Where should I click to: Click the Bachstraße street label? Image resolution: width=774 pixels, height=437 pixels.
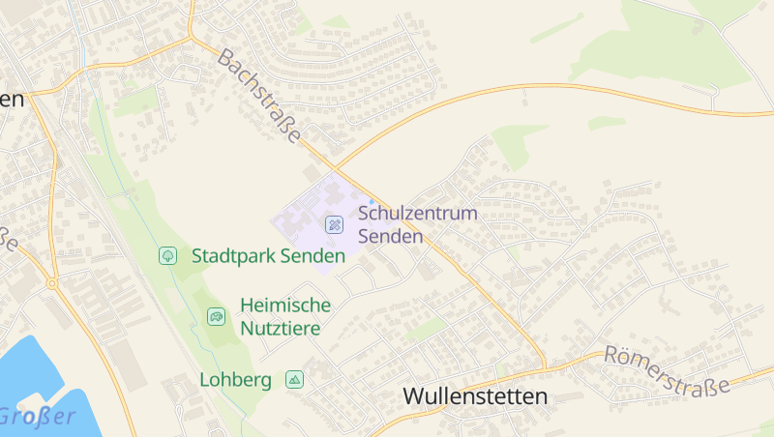coord(259,98)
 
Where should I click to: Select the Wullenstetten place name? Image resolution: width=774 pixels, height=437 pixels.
coord(474,396)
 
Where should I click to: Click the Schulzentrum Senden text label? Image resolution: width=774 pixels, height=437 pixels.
coord(418,224)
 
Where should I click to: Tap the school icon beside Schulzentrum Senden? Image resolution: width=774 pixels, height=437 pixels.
coord(334,224)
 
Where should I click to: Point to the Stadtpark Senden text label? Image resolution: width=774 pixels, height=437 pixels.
coord(268,256)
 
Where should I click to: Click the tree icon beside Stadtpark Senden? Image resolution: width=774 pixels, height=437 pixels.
coord(167,255)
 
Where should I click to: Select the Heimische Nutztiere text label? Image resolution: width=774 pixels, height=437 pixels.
coord(285,316)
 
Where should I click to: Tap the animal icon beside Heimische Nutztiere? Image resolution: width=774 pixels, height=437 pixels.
coord(216,315)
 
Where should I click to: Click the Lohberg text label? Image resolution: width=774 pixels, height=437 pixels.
coord(235,380)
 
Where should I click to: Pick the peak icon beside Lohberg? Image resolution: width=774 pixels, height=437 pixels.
coord(294,380)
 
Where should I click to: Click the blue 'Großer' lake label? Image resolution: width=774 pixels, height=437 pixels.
coord(37,417)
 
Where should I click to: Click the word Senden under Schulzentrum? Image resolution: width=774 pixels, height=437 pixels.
coord(391,236)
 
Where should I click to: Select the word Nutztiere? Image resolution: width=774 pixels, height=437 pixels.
coord(282,329)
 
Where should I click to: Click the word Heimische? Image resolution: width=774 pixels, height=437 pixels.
coord(285,306)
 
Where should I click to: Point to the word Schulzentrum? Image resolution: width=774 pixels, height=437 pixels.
coord(418,213)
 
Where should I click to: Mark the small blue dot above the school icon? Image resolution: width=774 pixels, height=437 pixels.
coord(372,201)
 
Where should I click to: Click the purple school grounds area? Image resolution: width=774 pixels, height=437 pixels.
coord(305,218)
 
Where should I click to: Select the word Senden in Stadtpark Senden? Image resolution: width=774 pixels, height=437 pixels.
coord(313,256)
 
